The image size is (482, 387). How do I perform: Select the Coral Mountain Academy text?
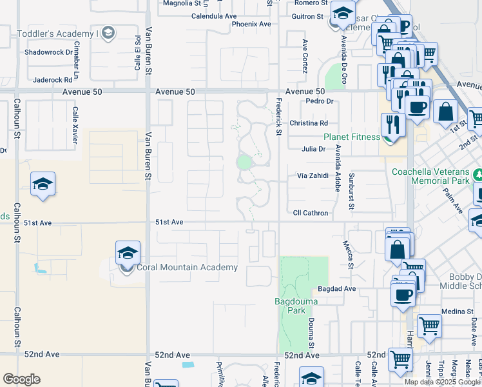coord(187,268)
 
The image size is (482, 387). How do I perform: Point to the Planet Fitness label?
coord(352,137)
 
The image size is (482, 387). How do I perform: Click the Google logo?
coord(21,379)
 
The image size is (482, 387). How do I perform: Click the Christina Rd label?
coord(309,123)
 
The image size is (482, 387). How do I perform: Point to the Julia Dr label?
coord(313,149)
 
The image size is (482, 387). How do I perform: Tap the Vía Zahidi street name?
coord(313,175)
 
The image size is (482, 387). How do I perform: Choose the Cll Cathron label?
coord(311,213)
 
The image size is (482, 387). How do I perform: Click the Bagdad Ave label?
coord(336,289)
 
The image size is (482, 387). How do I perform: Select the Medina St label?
coord(458,312)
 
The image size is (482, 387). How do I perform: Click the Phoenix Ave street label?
coord(251,24)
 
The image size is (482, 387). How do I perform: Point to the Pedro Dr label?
coord(319,101)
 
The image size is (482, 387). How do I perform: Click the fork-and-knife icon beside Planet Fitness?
coord(392,124)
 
